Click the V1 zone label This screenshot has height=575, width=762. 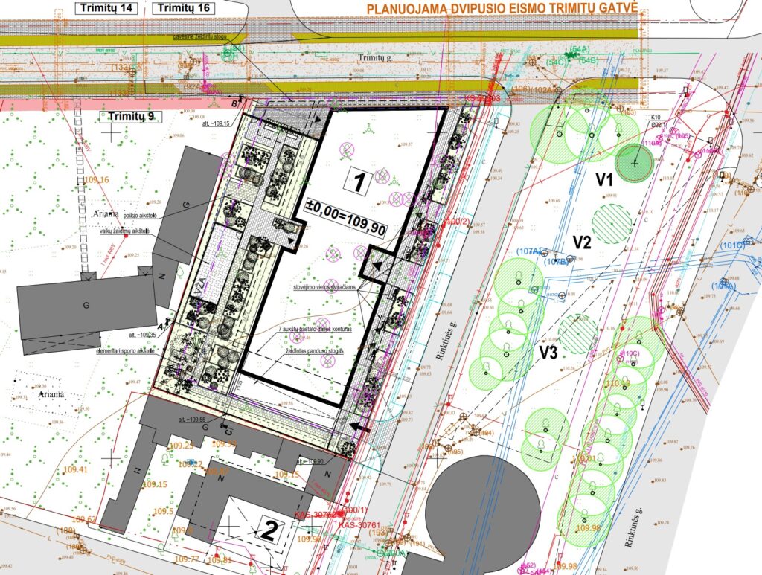coord(603,179)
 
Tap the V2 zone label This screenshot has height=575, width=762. coord(581,241)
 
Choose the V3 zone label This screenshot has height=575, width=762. coord(548,353)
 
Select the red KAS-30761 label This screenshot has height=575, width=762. coord(361,525)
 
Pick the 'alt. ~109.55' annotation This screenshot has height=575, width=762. coord(193,420)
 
